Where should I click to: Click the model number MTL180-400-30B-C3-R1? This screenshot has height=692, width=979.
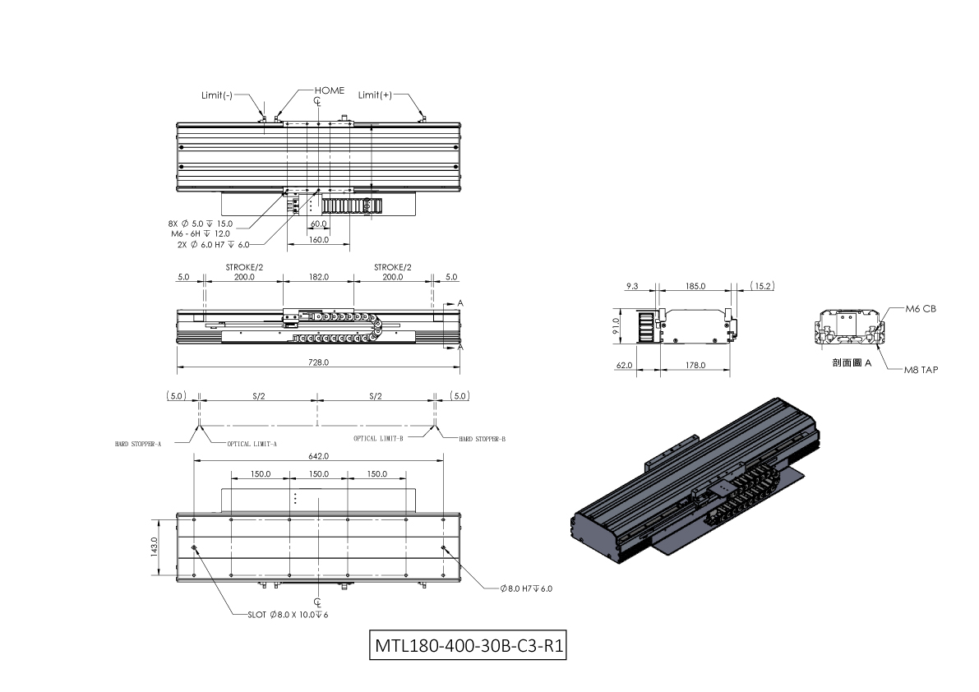click(469, 645)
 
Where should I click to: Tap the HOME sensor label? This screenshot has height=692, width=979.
click(330, 90)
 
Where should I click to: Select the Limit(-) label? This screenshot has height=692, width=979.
click(217, 95)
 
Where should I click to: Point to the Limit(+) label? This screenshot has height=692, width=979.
click(375, 95)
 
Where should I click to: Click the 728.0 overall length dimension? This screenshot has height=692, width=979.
click(318, 362)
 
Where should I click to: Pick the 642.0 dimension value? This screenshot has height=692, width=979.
click(318, 456)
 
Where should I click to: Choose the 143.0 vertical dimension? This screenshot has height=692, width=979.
click(154, 547)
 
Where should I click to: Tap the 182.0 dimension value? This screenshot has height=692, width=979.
click(318, 277)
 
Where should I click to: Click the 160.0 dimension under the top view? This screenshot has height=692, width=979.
click(318, 240)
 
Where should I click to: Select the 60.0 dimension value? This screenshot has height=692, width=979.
click(318, 224)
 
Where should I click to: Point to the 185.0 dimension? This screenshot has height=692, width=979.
click(695, 286)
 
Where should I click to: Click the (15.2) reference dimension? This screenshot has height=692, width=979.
click(762, 286)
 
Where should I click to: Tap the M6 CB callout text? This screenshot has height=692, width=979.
click(921, 309)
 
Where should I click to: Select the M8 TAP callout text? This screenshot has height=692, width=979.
click(921, 370)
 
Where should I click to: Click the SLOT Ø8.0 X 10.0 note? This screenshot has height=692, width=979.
click(288, 615)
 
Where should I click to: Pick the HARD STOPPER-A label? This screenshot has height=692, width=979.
click(138, 445)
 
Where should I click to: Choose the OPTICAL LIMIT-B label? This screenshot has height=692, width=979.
click(378, 439)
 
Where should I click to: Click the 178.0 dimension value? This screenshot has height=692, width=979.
click(695, 366)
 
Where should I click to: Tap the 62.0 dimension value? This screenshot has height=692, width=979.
click(625, 366)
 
